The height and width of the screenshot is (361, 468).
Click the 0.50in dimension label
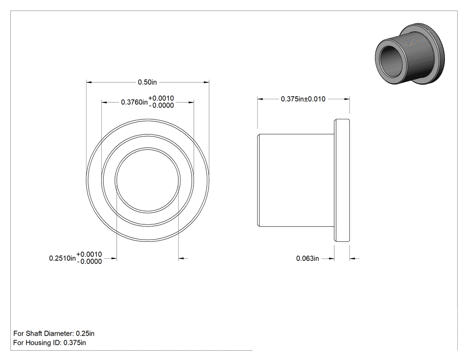147,82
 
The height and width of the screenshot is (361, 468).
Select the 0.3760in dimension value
134,102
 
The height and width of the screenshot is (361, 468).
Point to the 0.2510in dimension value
62,258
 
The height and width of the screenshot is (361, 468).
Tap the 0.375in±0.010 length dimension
303,99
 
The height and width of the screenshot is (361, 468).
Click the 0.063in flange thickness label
308,259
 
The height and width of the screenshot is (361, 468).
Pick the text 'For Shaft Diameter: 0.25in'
54,333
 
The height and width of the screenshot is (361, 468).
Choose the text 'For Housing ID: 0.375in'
49,343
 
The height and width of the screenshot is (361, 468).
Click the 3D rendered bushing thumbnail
410,53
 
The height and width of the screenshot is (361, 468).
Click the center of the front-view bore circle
148,180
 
